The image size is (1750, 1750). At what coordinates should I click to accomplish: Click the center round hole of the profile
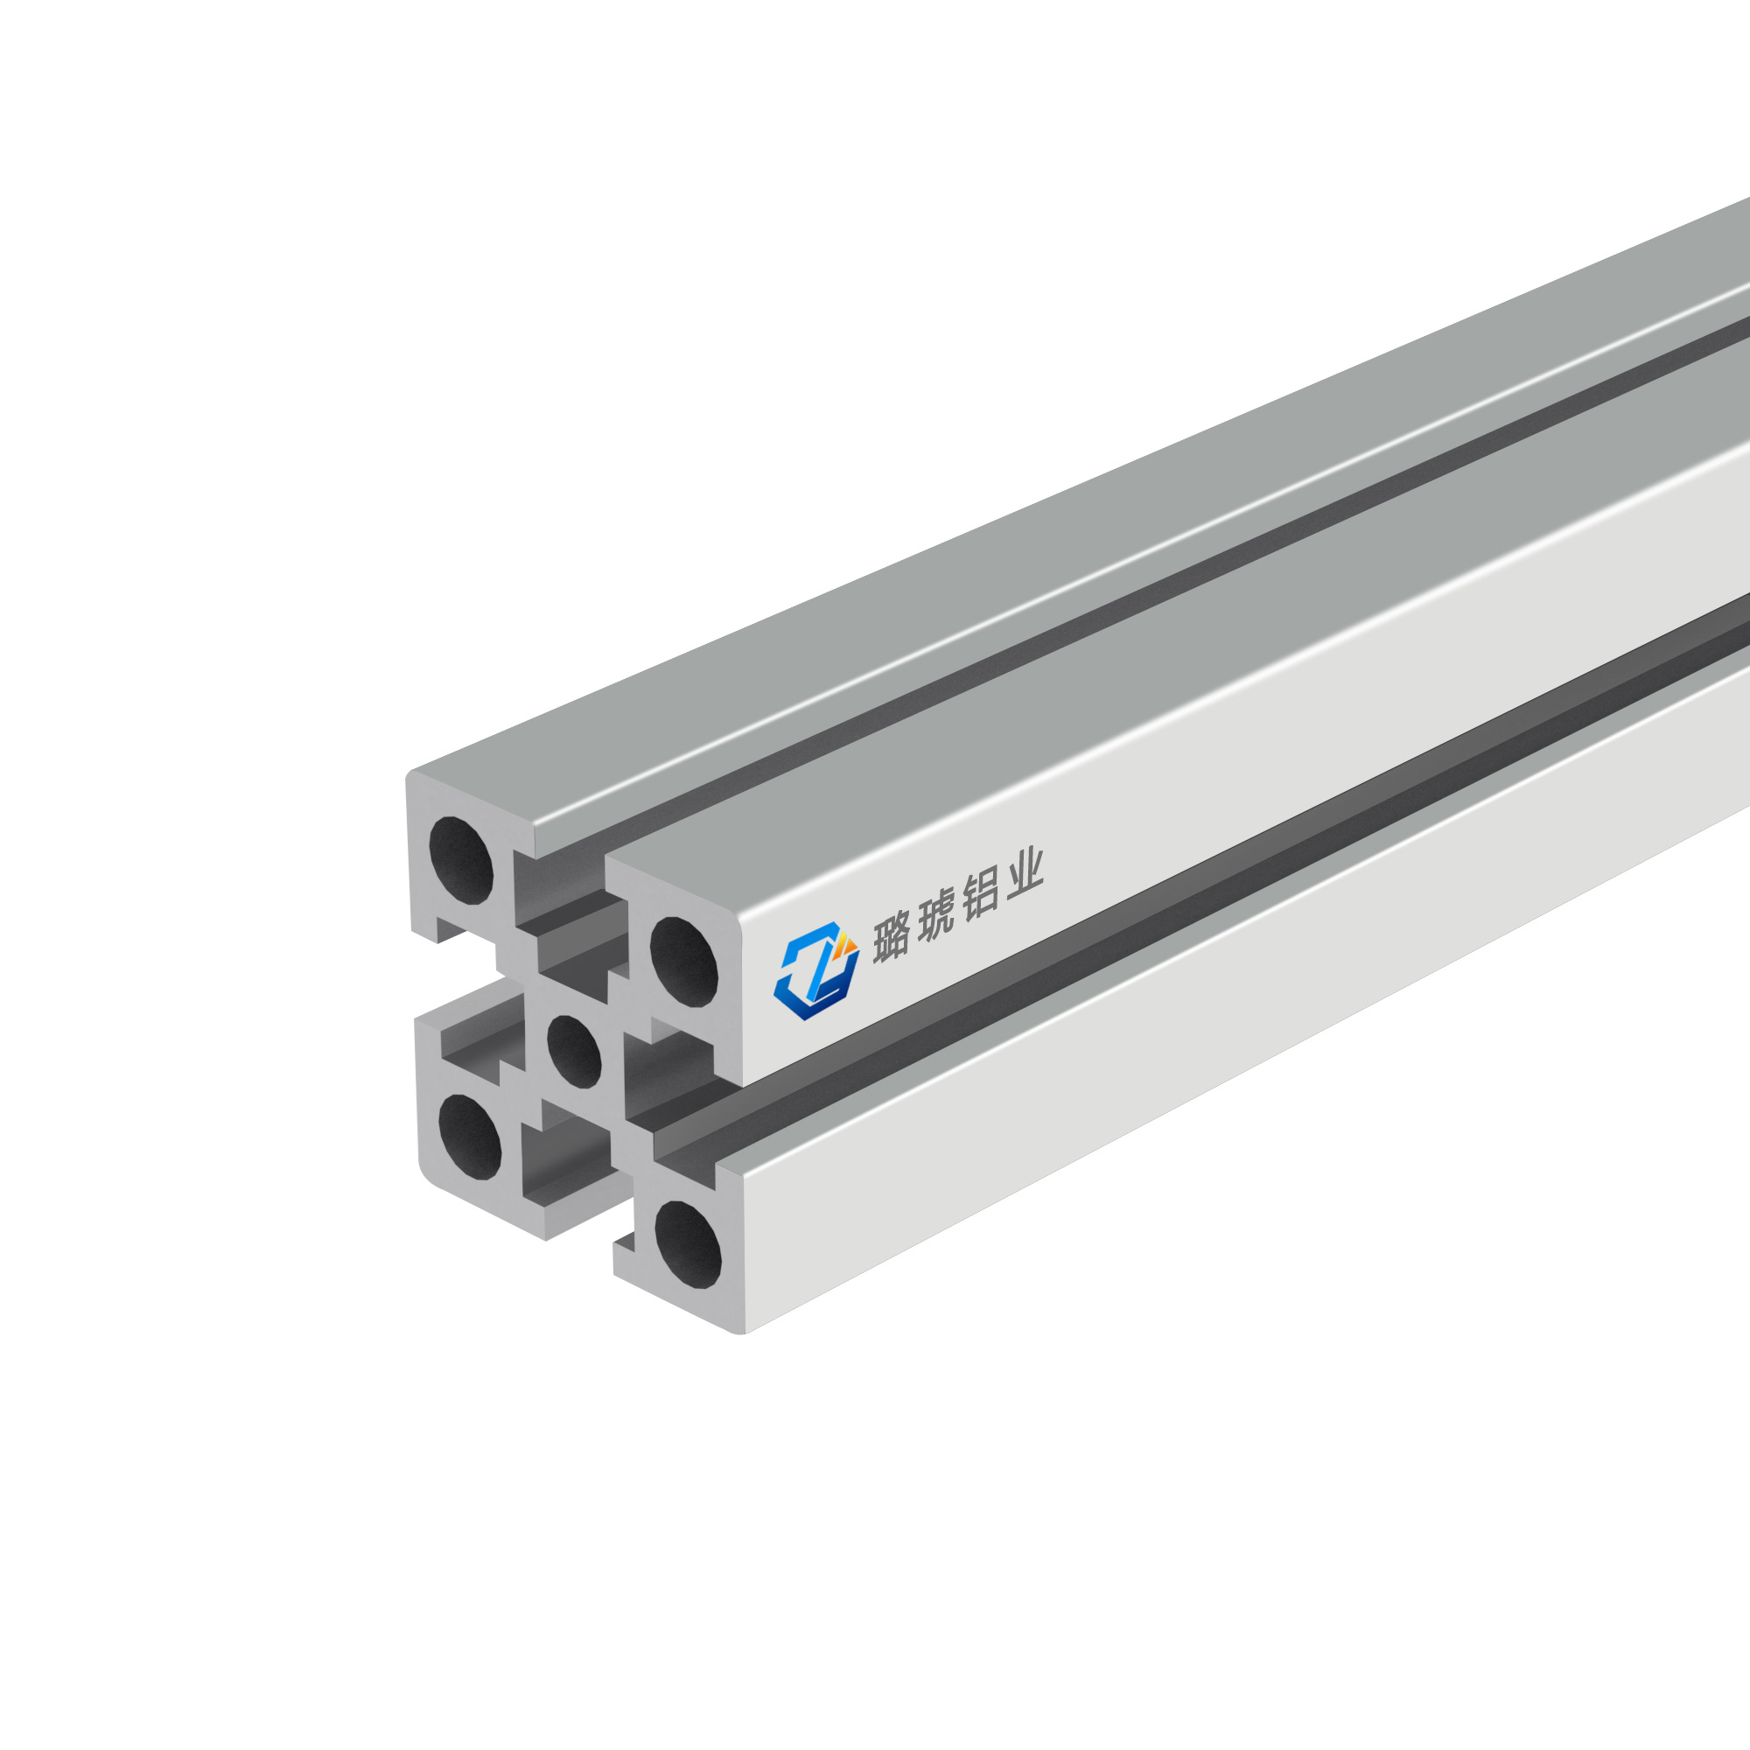(x=574, y=1051)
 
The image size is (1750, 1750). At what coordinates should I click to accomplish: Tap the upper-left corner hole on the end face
(x=461, y=860)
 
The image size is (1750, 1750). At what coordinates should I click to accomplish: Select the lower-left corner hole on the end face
(x=470, y=1137)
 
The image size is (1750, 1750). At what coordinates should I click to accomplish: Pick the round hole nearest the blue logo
(x=684, y=961)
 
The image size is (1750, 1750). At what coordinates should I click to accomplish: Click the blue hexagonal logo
(x=816, y=970)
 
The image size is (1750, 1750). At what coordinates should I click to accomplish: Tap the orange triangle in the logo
(x=847, y=943)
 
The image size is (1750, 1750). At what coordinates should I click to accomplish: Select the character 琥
(x=935, y=917)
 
